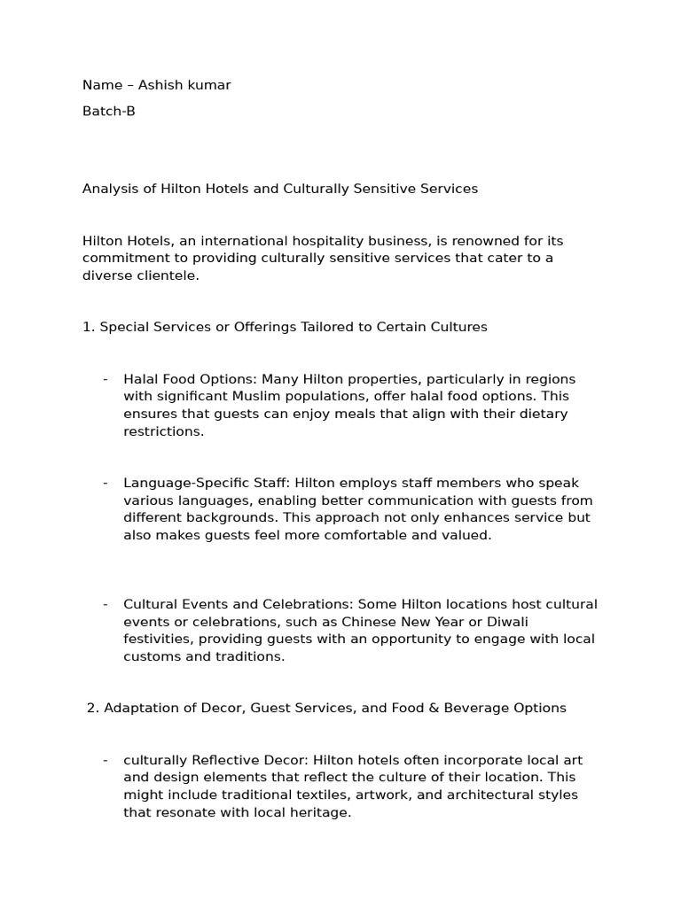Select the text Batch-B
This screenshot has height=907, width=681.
pos(109,112)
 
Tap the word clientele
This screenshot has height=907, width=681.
pos(165,275)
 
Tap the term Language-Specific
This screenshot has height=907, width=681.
pos(181,483)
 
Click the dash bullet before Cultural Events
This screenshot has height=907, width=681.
pos(106,604)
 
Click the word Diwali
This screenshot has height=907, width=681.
pos(469,622)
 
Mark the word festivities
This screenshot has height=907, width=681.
pos(157,639)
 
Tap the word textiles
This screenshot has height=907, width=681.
pos(350,795)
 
